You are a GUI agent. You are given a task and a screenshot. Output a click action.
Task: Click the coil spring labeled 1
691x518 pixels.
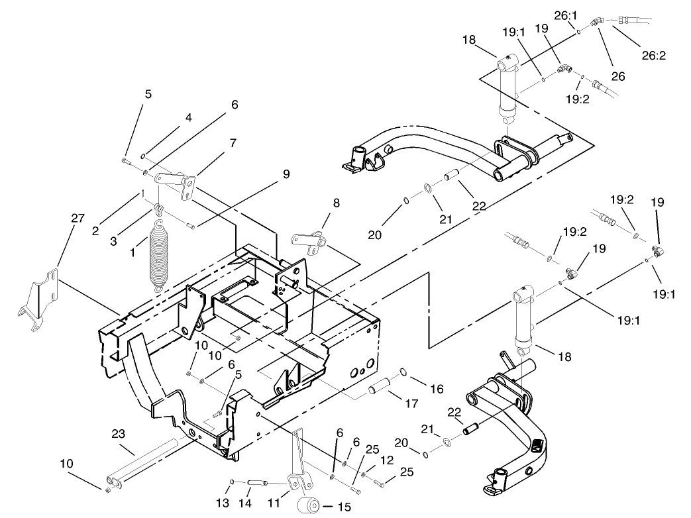(159, 256)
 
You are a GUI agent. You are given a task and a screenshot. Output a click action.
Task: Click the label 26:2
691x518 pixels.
(654, 55)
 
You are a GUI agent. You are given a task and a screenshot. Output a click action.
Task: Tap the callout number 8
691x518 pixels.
(337, 203)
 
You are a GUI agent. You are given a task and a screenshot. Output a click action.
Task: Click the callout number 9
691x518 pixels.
(286, 174)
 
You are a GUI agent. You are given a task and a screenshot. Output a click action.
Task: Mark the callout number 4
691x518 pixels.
(189, 118)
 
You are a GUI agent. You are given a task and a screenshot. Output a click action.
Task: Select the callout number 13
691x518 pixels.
(223, 503)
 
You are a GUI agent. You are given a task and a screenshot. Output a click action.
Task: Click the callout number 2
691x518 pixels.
(95, 231)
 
